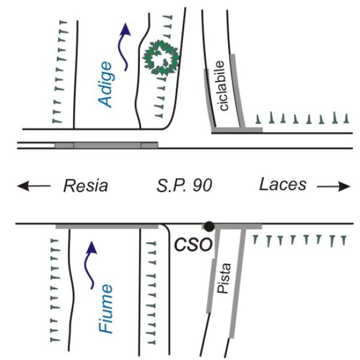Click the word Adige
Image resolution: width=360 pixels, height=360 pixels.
(x=106, y=84)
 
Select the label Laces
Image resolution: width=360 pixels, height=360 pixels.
(x=283, y=185)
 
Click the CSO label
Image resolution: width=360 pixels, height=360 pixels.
(x=192, y=245)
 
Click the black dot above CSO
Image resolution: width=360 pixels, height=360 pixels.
(x=209, y=226)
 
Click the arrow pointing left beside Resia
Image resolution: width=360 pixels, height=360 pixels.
(x=34, y=187)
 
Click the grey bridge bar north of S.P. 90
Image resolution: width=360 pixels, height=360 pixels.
(x=106, y=145)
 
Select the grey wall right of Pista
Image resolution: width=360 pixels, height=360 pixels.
(x=238, y=282)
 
